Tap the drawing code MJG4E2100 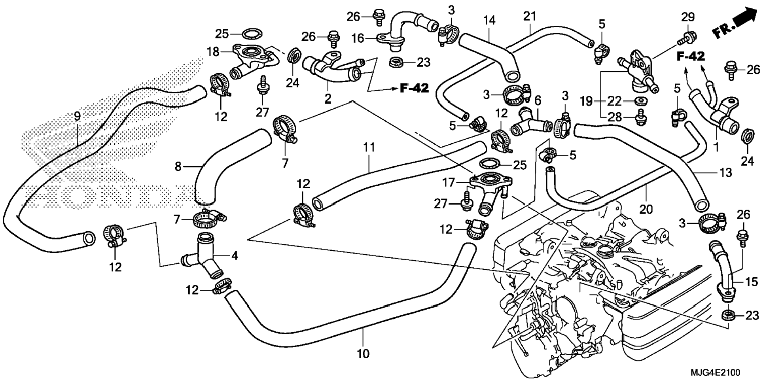pos(715,373)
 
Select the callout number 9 pos(77,116)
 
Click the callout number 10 pos(363,353)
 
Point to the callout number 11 pos(369,148)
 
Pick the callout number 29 pos(688,17)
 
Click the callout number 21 pos(529,17)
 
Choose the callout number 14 pos(489,20)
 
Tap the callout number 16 pos(358,38)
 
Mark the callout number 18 pos(213,51)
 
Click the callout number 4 pos(235,255)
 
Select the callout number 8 pos(178,166)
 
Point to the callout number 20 pos(646,209)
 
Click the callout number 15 pos(752,282)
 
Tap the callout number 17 pos(449,182)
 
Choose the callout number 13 pos(726,172)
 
